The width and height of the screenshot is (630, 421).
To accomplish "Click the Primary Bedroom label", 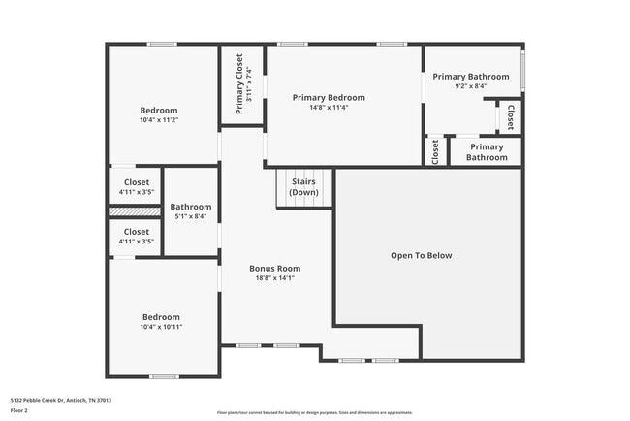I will tap(329, 98).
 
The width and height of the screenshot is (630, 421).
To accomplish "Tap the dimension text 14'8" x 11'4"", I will tap(329, 108).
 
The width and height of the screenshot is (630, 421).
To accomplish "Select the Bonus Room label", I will tap(274, 269).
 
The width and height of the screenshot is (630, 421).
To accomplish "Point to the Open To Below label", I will tap(421, 256).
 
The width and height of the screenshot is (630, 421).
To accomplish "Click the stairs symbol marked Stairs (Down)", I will tap(303, 187).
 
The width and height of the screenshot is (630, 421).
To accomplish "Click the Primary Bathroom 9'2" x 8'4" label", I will tap(470, 77).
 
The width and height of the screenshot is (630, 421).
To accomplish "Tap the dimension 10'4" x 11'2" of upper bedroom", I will tap(159, 121).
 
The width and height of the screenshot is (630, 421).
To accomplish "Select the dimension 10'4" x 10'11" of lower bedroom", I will tap(161, 327).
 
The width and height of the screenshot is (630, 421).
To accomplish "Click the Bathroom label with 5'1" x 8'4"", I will tap(190, 207).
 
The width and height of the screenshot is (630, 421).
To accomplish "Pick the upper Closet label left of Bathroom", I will tap(136, 182).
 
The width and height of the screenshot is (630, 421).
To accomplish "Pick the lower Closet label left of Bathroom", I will tap(136, 233).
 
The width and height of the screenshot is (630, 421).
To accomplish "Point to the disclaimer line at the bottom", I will tap(314, 412).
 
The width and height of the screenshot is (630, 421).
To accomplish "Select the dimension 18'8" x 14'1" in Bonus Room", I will tap(274, 278).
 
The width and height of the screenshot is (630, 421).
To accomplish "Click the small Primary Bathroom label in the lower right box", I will tap(487, 152).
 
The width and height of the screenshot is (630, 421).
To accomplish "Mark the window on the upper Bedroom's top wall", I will tap(162, 44).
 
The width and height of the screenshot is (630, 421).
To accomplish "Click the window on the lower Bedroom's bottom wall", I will tap(163, 376).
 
